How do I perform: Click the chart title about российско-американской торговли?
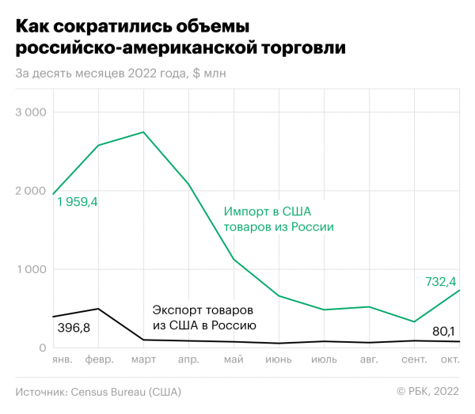pyautogui.click(x=180, y=36)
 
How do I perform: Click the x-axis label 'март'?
pyautogui.click(x=142, y=359)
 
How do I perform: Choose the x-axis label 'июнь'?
pyautogui.click(x=278, y=359)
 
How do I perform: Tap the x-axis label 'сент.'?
pyautogui.click(x=414, y=359)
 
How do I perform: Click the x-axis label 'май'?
pyautogui.click(x=233, y=359)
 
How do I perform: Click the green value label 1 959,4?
pyautogui.click(x=78, y=203)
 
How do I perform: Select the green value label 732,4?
pyautogui.click(x=440, y=281)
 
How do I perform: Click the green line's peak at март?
pyautogui.click(x=142, y=132)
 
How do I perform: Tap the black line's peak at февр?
pyautogui.click(x=97, y=309)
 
